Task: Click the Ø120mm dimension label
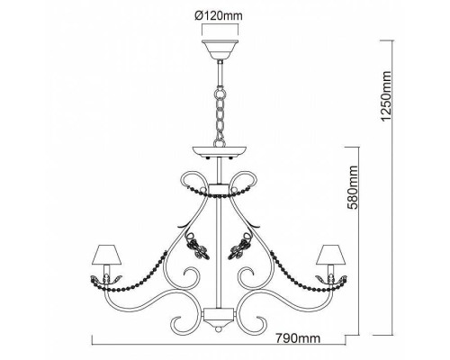[218, 15]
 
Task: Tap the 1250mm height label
[385, 96]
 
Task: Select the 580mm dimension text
[352, 187]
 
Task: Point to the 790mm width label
[298, 338]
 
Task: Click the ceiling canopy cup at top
[220, 49]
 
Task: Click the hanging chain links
[220, 116]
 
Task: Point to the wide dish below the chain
[220, 152]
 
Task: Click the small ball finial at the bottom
[219, 329]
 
